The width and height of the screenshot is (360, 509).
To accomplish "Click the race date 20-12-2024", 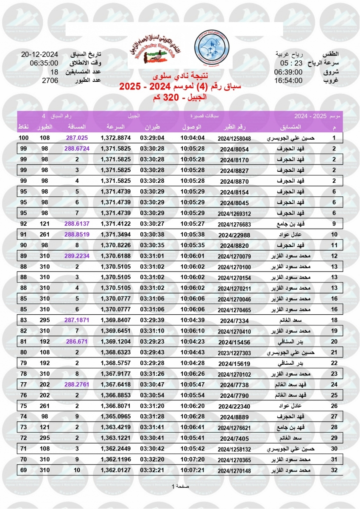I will coord(39,55).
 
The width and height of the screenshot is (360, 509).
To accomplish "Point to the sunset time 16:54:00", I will coord(288,81).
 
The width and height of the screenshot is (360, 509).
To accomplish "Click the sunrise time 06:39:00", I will coord(288,72).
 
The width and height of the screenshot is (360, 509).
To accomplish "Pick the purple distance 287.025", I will coord(77,138).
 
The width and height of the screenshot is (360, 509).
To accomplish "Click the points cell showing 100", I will coord(23,138).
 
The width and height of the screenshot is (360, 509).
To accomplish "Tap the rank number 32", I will coord(334,470).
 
